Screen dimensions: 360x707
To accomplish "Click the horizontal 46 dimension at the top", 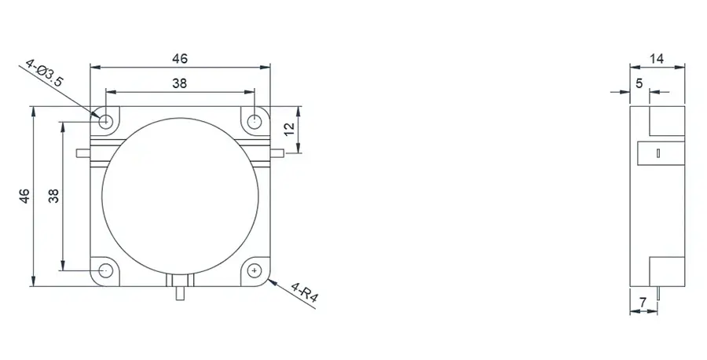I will (x=180, y=58).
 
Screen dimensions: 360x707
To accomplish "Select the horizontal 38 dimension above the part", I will (x=180, y=84).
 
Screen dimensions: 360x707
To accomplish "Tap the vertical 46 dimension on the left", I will (x=24, y=196).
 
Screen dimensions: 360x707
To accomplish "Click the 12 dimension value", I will (x=289, y=130).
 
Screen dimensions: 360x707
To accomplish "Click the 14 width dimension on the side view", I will (x=658, y=58).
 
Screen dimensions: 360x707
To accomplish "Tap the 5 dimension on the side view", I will (x=639, y=83).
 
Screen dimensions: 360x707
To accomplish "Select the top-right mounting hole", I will (x=255, y=121).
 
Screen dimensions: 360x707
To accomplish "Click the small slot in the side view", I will (x=658, y=154).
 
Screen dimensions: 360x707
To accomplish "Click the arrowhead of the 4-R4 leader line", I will (x=272, y=278).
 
